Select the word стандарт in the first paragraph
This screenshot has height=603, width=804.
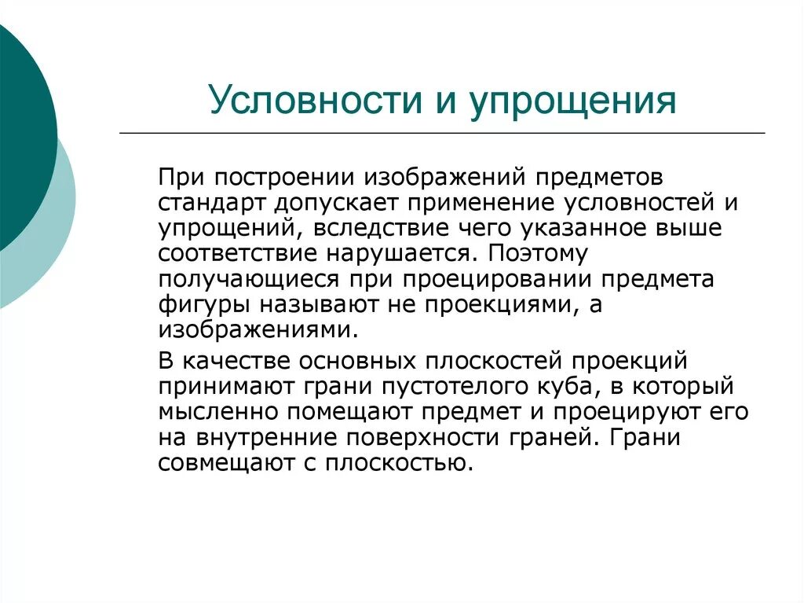[212, 204]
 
